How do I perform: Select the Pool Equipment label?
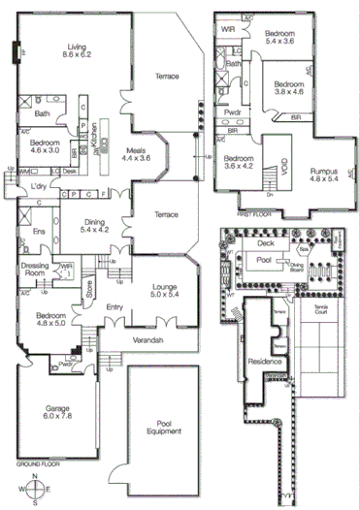[x=164, y=429]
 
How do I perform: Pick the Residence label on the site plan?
[x=264, y=359]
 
